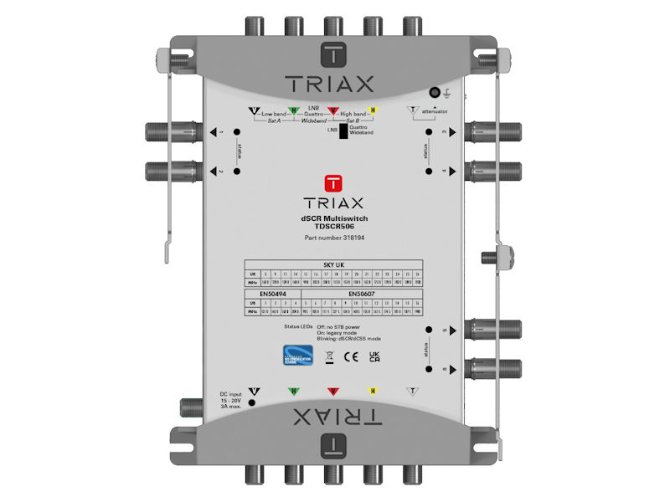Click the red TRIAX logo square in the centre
(334, 183)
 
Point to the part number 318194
(335, 238)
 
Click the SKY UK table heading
(334, 264)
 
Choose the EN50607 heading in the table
(364, 294)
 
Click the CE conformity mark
(351, 356)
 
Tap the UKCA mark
(376, 356)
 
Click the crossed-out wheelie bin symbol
(328, 356)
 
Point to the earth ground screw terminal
(435, 94)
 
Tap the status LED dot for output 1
(238, 132)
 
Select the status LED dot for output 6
(428, 367)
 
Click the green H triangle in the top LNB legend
(294, 110)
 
